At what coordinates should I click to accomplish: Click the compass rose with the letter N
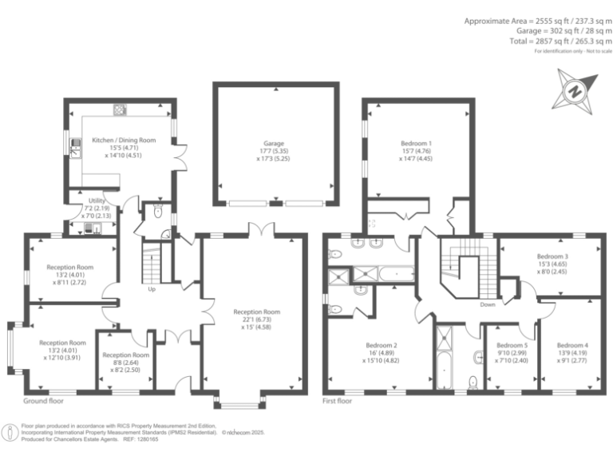[x=572, y=91]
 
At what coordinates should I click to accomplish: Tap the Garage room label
[x=275, y=143]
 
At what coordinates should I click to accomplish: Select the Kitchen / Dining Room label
[x=124, y=140]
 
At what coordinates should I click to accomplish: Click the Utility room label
[x=97, y=201]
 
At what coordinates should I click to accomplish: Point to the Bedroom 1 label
[x=416, y=143]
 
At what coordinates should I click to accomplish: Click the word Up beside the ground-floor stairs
[x=152, y=289]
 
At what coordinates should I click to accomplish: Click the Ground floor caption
[x=42, y=400]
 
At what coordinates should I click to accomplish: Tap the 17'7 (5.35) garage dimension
[x=275, y=151]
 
